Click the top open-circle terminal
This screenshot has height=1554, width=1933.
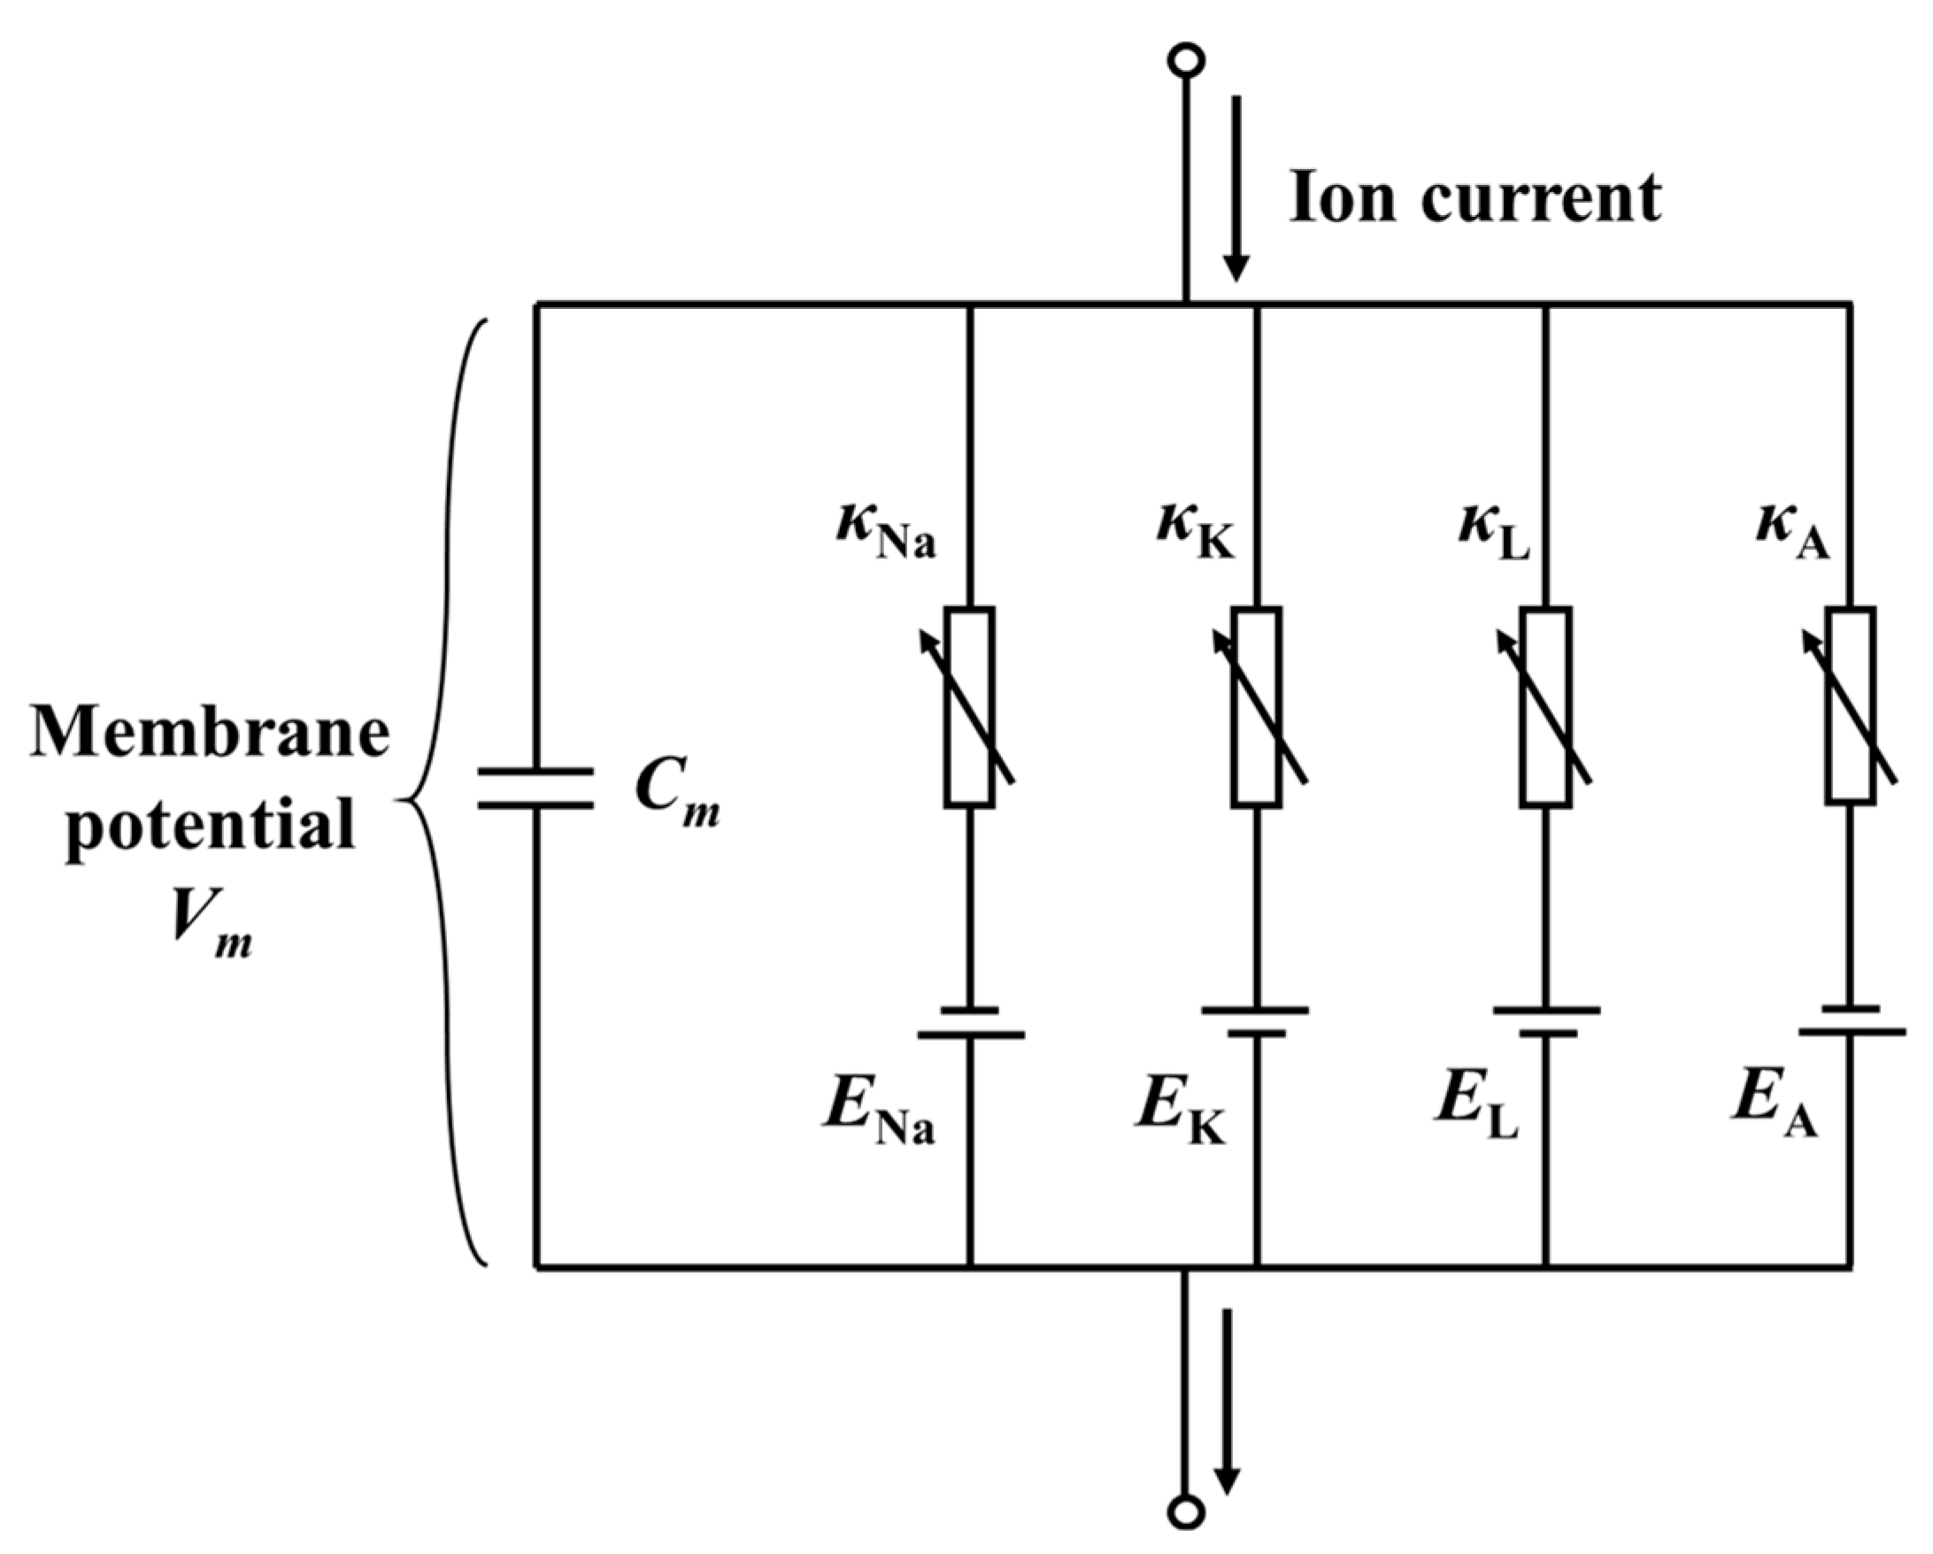[x=1186, y=60]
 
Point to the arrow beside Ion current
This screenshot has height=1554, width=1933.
[x=1236, y=188]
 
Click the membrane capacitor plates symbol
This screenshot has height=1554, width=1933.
[x=535, y=789]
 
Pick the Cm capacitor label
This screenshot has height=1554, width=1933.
[x=676, y=794]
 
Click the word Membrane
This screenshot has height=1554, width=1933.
[x=210, y=734]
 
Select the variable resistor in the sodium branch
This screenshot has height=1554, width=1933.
[x=970, y=707]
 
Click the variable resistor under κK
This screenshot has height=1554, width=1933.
[x=1257, y=707]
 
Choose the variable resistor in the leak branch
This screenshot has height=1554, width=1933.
[x=1546, y=707]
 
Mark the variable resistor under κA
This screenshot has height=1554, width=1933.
[x=1851, y=707]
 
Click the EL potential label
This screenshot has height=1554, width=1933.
[x=1475, y=1108]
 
